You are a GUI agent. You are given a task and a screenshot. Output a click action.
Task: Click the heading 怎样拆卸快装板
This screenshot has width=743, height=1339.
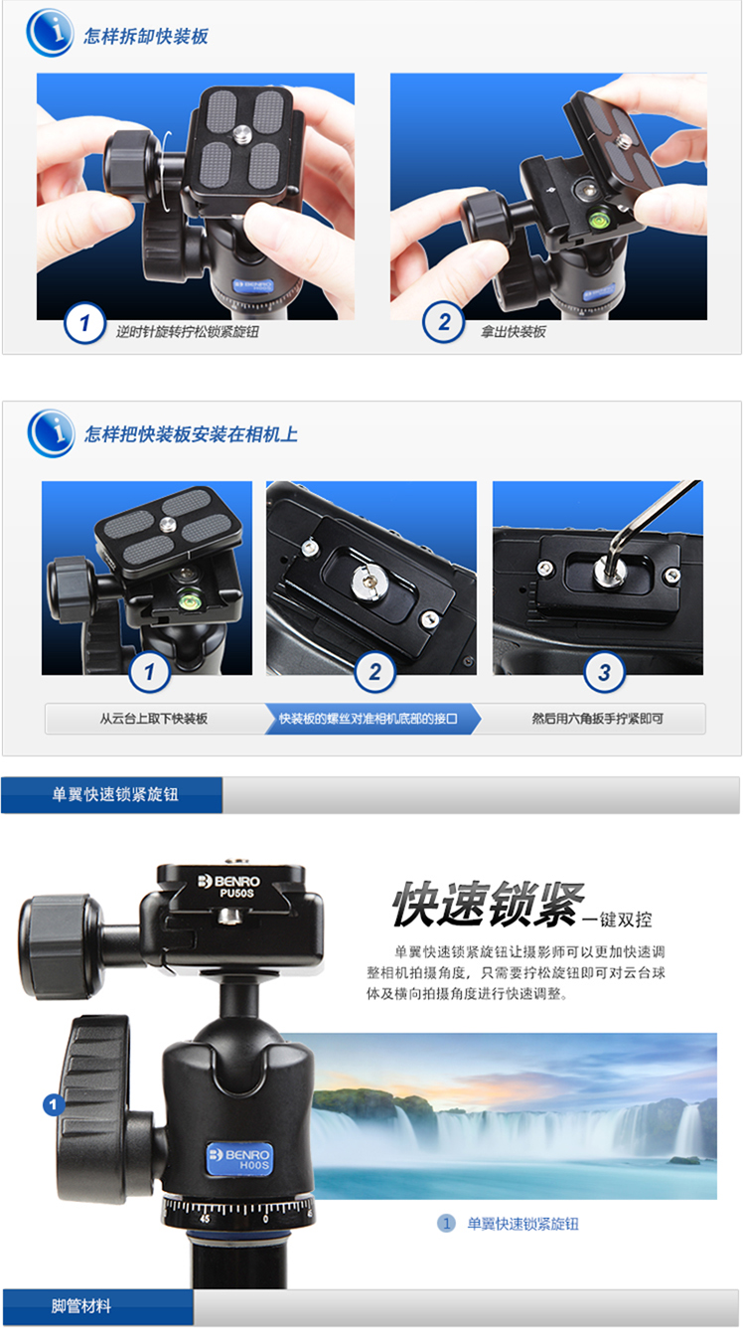(x=146, y=37)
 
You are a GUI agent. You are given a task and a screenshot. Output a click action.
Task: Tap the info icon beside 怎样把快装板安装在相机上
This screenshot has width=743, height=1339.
(x=51, y=432)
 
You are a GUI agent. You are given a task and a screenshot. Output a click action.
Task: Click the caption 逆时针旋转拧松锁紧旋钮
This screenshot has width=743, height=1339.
(x=188, y=332)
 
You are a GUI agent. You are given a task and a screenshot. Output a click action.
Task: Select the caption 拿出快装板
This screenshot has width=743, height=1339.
(x=514, y=332)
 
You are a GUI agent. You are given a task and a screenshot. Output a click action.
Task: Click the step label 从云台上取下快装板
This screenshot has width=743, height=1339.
(x=154, y=719)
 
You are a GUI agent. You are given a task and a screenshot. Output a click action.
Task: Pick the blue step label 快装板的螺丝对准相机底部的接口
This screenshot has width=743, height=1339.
(x=369, y=719)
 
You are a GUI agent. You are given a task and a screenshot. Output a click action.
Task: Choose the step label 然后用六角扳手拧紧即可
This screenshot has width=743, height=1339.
(x=598, y=719)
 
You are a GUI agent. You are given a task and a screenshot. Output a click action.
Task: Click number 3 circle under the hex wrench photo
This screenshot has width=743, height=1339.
(x=604, y=672)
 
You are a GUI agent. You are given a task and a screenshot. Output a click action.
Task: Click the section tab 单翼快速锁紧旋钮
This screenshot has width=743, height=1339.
(x=115, y=794)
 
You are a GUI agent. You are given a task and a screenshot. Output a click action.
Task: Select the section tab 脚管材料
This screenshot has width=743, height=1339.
(x=81, y=1306)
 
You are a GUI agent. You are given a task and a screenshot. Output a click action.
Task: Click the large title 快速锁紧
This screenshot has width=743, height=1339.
(x=488, y=904)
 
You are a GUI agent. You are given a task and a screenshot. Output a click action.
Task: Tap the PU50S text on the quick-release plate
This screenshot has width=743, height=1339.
(x=237, y=893)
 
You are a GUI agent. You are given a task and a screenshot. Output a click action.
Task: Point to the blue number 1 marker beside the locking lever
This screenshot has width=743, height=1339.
(x=54, y=1104)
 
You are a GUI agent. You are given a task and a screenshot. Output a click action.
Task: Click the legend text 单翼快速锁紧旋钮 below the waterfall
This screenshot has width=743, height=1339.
(x=522, y=1224)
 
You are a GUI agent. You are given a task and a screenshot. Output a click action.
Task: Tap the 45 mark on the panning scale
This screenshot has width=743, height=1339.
(x=205, y=1219)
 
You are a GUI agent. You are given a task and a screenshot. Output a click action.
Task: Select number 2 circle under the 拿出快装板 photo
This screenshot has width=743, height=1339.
(x=443, y=322)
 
